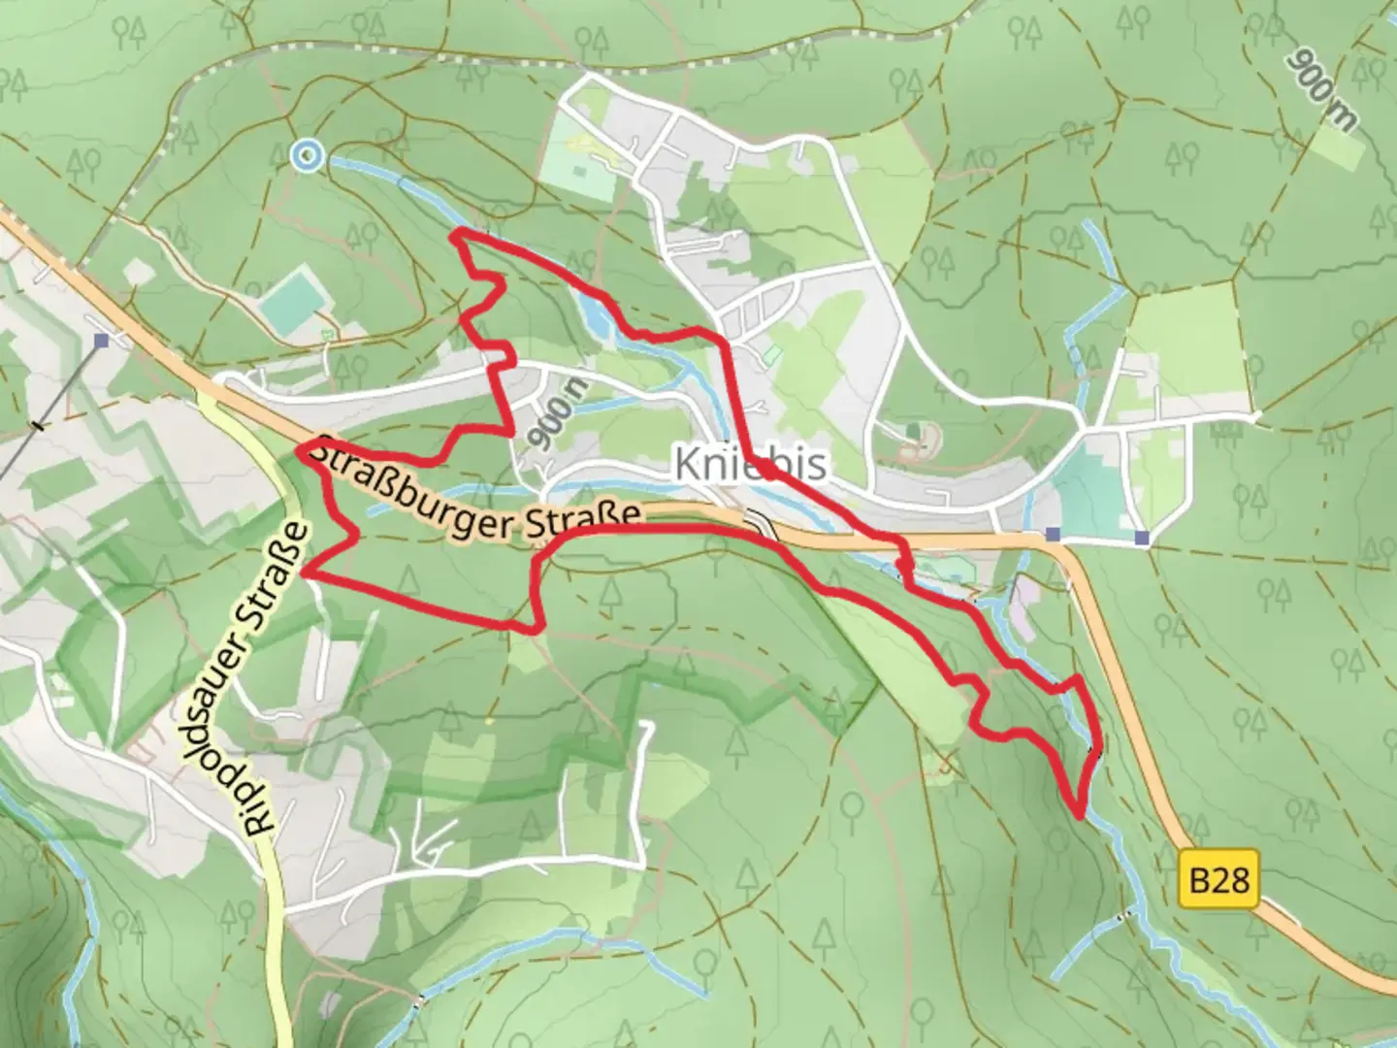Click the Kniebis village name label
(751, 464)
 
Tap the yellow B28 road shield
(1219, 880)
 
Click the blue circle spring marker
(308, 154)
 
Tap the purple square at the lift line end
(102, 341)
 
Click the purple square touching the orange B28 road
(1054, 534)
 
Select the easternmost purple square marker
(1142, 537)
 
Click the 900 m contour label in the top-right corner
(1321, 89)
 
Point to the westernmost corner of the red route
(300, 446)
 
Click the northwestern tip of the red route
(454, 233)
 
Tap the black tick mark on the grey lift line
(39, 424)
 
